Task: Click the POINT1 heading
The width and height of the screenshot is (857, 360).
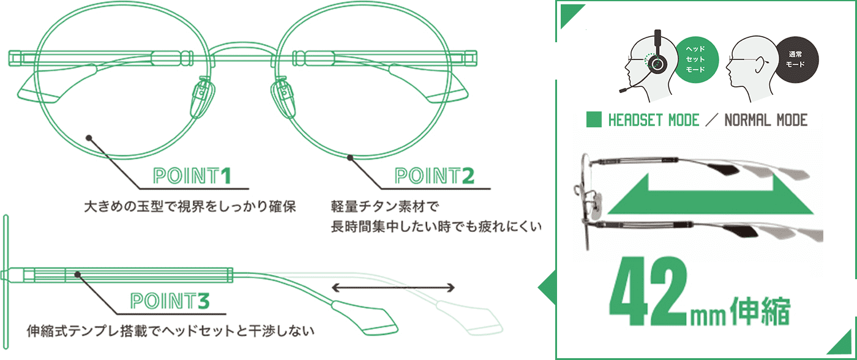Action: coord(192,176)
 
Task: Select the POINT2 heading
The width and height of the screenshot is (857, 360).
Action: coord(435,176)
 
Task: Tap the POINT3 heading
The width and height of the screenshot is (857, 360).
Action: coord(170,301)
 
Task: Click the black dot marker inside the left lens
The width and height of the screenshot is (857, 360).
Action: coord(89,138)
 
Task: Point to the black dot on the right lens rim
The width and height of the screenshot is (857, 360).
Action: coord(350,157)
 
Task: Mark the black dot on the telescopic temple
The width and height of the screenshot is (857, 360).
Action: coord(77,274)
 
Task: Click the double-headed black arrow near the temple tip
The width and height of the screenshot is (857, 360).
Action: coord(393,288)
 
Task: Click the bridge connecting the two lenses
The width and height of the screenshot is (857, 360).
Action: coord(243,45)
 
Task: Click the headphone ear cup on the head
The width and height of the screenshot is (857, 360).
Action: coord(657,64)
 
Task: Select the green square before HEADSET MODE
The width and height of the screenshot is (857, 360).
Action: coord(594,119)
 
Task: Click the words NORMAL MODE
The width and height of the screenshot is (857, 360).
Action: coord(766,120)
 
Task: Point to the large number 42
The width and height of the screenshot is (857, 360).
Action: coord(648,291)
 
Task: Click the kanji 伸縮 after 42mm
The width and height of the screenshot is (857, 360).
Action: coord(760,310)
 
